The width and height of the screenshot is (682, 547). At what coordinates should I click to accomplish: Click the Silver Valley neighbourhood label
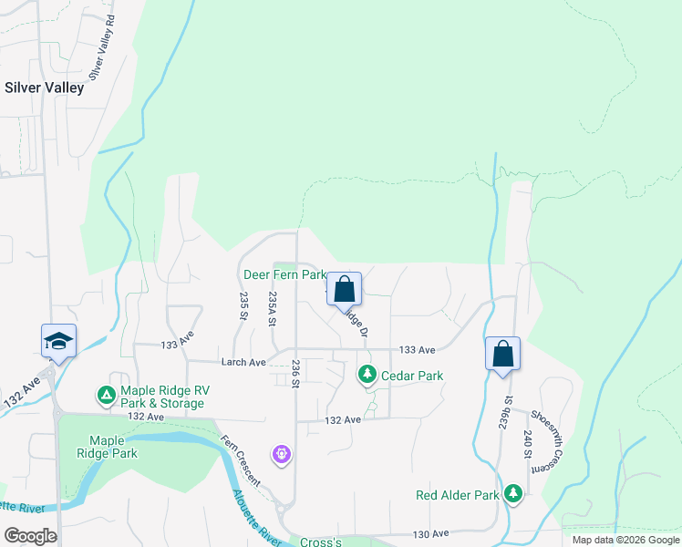tap(45, 88)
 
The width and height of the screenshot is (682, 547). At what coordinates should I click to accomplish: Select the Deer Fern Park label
tap(284, 273)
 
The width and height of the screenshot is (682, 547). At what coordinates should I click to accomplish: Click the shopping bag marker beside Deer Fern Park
tap(344, 290)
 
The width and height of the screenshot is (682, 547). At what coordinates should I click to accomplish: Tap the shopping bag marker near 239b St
tap(502, 355)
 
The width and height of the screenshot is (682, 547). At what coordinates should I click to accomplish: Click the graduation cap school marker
tap(58, 342)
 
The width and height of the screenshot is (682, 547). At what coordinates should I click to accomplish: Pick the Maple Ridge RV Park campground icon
tap(106, 395)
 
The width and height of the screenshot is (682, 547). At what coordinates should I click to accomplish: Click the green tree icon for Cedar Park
tap(367, 374)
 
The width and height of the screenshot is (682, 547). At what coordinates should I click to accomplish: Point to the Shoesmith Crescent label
tap(550, 439)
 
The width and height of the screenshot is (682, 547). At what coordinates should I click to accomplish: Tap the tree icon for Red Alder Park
tap(513, 494)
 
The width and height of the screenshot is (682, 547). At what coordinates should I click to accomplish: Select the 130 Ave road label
tap(431, 533)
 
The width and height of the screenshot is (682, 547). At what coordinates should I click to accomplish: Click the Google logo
tap(30, 536)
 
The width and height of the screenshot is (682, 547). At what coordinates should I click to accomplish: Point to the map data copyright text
tap(625, 540)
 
